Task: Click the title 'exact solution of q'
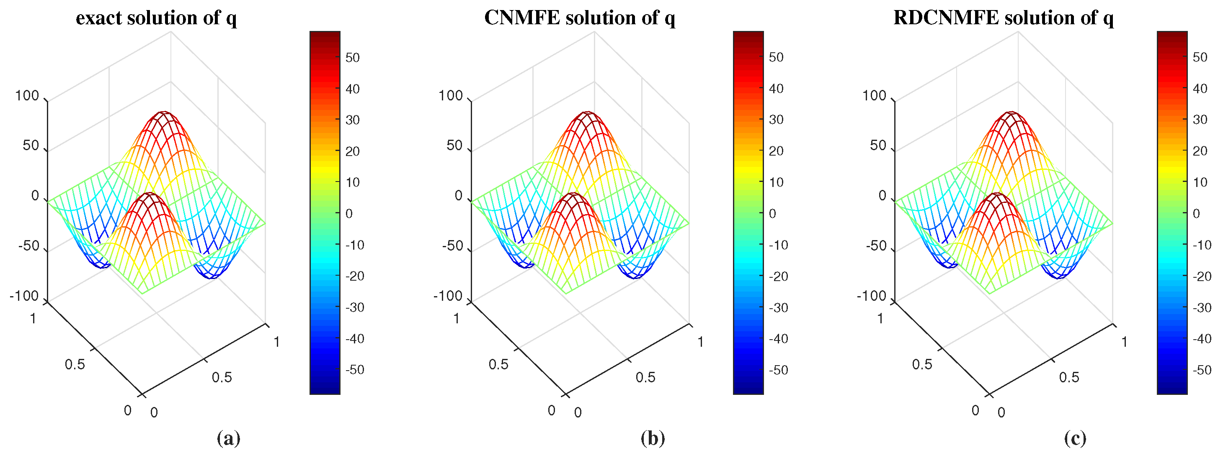(x=157, y=18)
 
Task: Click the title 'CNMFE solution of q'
(x=580, y=18)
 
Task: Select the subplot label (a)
(x=228, y=438)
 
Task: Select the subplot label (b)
(x=653, y=438)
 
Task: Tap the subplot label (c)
(x=1075, y=438)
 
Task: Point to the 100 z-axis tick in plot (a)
(x=27, y=95)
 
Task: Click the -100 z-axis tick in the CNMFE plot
(x=447, y=296)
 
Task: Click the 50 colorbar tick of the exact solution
(x=352, y=58)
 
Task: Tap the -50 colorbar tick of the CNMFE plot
(x=778, y=370)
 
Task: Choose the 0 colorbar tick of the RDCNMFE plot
(x=1196, y=213)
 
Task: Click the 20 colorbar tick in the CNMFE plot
(x=776, y=151)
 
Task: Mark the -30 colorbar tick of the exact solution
(x=355, y=307)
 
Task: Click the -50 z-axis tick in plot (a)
(x=28, y=246)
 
